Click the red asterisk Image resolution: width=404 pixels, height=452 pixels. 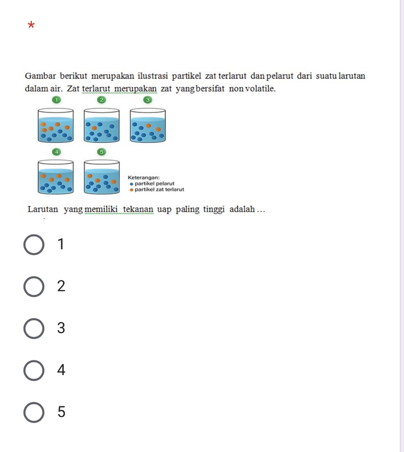tap(31, 25)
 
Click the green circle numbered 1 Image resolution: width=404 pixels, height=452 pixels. tap(56, 100)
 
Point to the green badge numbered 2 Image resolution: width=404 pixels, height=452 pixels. tap(102, 100)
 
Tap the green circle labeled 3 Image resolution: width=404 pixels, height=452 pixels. tap(148, 100)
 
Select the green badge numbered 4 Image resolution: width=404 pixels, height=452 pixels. tap(56, 152)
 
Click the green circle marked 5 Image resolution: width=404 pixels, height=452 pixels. tap(102, 152)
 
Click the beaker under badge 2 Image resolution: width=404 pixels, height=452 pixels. tap(102, 125)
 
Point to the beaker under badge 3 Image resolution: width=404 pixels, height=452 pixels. tap(148, 125)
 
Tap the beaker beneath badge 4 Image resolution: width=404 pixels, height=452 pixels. tap(56, 177)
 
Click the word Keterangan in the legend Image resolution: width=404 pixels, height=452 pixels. tap(143, 177)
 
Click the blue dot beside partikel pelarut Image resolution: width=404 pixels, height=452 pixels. tap(132, 184)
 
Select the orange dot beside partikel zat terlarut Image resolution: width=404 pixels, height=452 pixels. tap(132, 190)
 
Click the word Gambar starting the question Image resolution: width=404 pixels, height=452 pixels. tap(40, 76)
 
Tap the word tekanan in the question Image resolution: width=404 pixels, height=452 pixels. tap(138, 209)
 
